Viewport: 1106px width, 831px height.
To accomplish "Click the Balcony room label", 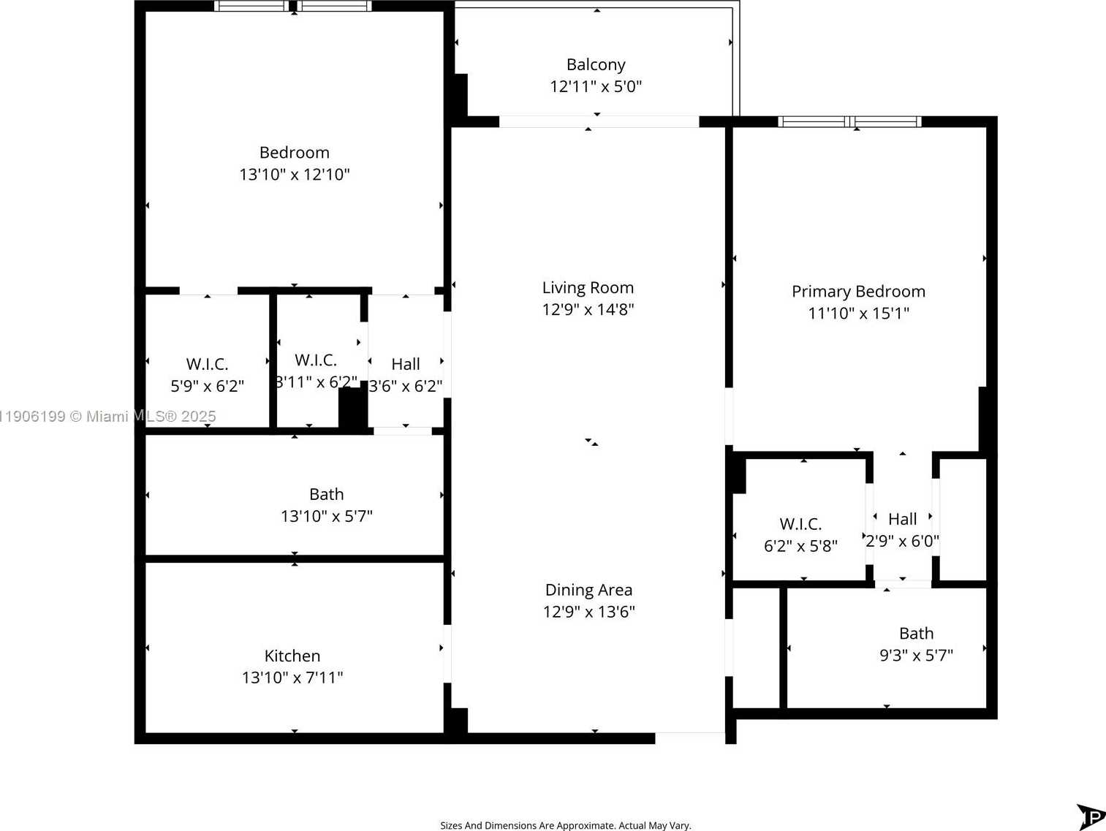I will pyautogui.click(x=596, y=65).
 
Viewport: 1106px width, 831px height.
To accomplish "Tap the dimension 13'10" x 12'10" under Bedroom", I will pyautogui.click(x=295, y=175).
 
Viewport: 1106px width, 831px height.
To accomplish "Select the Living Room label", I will pyautogui.click(x=588, y=288).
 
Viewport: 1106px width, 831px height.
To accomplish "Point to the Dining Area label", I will pyautogui.click(x=588, y=590).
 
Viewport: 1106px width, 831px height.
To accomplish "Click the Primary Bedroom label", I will pyautogui.click(x=858, y=292).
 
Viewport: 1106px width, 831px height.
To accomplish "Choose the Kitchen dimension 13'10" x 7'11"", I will pyautogui.click(x=292, y=678).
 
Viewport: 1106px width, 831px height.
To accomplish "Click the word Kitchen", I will pyautogui.click(x=292, y=656).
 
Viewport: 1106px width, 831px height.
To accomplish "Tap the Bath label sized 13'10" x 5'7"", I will pyautogui.click(x=326, y=495).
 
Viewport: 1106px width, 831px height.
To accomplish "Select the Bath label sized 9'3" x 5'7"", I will pyautogui.click(x=916, y=634).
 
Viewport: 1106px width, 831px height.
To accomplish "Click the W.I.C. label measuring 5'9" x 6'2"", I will pyautogui.click(x=207, y=364).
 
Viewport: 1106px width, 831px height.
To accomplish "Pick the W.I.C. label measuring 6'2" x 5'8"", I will pyautogui.click(x=800, y=524).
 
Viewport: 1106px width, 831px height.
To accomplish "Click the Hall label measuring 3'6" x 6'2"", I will pyautogui.click(x=405, y=364).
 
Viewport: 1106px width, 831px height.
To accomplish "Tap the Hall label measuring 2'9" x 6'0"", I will pyautogui.click(x=902, y=520).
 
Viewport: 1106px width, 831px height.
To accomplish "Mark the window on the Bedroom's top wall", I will pyautogui.click(x=293, y=7).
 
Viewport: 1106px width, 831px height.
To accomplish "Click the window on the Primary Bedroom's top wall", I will pyautogui.click(x=849, y=122).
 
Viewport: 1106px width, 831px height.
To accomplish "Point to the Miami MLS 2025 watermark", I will pyautogui.click(x=108, y=417).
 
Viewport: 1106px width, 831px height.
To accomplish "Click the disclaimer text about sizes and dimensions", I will pyautogui.click(x=565, y=825).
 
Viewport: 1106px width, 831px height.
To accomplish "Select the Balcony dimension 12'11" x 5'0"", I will pyautogui.click(x=596, y=86).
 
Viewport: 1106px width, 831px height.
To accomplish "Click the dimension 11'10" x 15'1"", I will pyautogui.click(x=858, y=314).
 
